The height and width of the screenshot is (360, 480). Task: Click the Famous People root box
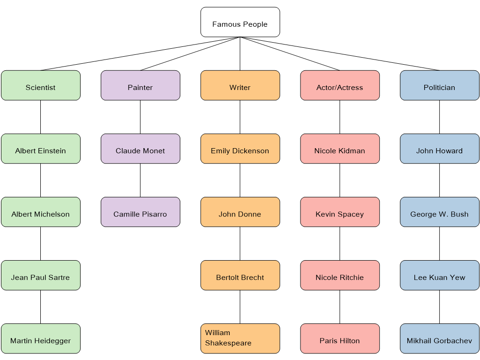click(x=240, y=22)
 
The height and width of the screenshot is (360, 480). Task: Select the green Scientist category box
click(x=41, y=85)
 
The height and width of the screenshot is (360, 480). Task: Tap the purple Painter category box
click(x=140, y=85)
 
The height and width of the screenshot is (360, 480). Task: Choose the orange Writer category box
click(x=240, y=85)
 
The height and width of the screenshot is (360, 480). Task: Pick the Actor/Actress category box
click(x=340, y=85)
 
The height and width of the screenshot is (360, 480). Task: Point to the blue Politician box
click(x=439, y=85)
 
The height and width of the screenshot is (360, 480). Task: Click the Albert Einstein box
click(x=41, y=149)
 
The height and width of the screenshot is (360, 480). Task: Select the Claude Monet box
click(x=140, y=149)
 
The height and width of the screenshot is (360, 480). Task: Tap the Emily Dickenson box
click(x=240, y=149)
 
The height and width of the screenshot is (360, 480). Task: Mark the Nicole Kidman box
click(x=340, y=149)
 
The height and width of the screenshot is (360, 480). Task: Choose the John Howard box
click(x=439, y=149)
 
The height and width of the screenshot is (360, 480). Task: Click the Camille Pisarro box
click(x=140, y=212)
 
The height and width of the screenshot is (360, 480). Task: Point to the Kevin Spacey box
click(x=340, y=212)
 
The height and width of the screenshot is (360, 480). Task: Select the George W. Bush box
click(x=439, y=212)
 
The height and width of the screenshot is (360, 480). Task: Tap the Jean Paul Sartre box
click(x=41, y=275)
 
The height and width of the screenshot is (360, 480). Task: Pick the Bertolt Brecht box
click(x=240, y=275)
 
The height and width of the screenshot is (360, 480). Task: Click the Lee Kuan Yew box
click(x=439, y=275)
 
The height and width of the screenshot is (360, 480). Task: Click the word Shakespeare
click(x=228, y=343)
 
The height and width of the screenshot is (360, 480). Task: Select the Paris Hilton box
click(x=340, y=338)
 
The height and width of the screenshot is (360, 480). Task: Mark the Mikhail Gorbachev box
click(x=439, y=338)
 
